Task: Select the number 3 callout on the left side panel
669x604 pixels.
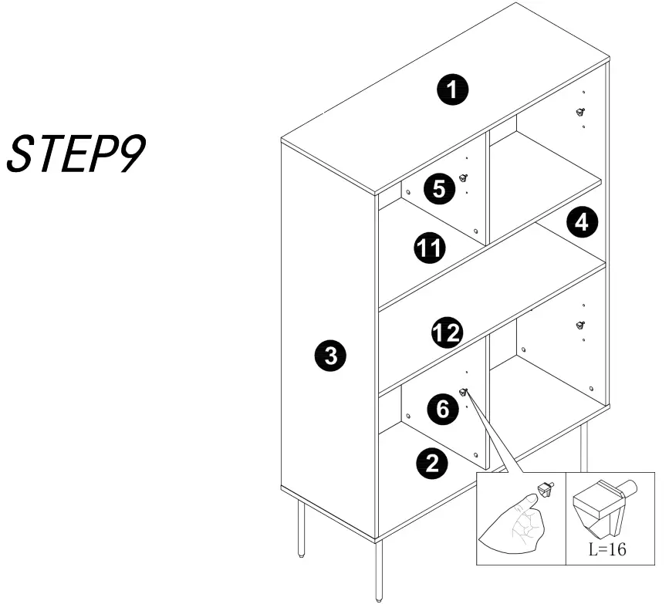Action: click(330, 356)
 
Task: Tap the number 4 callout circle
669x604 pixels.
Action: click(581, 223)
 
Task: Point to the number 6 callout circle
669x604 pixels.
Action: click(443, 409)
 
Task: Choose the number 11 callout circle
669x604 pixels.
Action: click(429, 248)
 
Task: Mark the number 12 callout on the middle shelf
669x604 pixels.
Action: click(446, 333)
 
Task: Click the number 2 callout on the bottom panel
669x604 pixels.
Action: click(432, 463)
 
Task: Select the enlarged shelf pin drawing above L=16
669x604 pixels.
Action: click(606, 510)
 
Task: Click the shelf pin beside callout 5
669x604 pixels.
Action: click(463, 178)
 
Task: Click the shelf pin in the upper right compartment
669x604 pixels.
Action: click(579, 113)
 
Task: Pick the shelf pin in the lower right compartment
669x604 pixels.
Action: click(579, 326)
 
